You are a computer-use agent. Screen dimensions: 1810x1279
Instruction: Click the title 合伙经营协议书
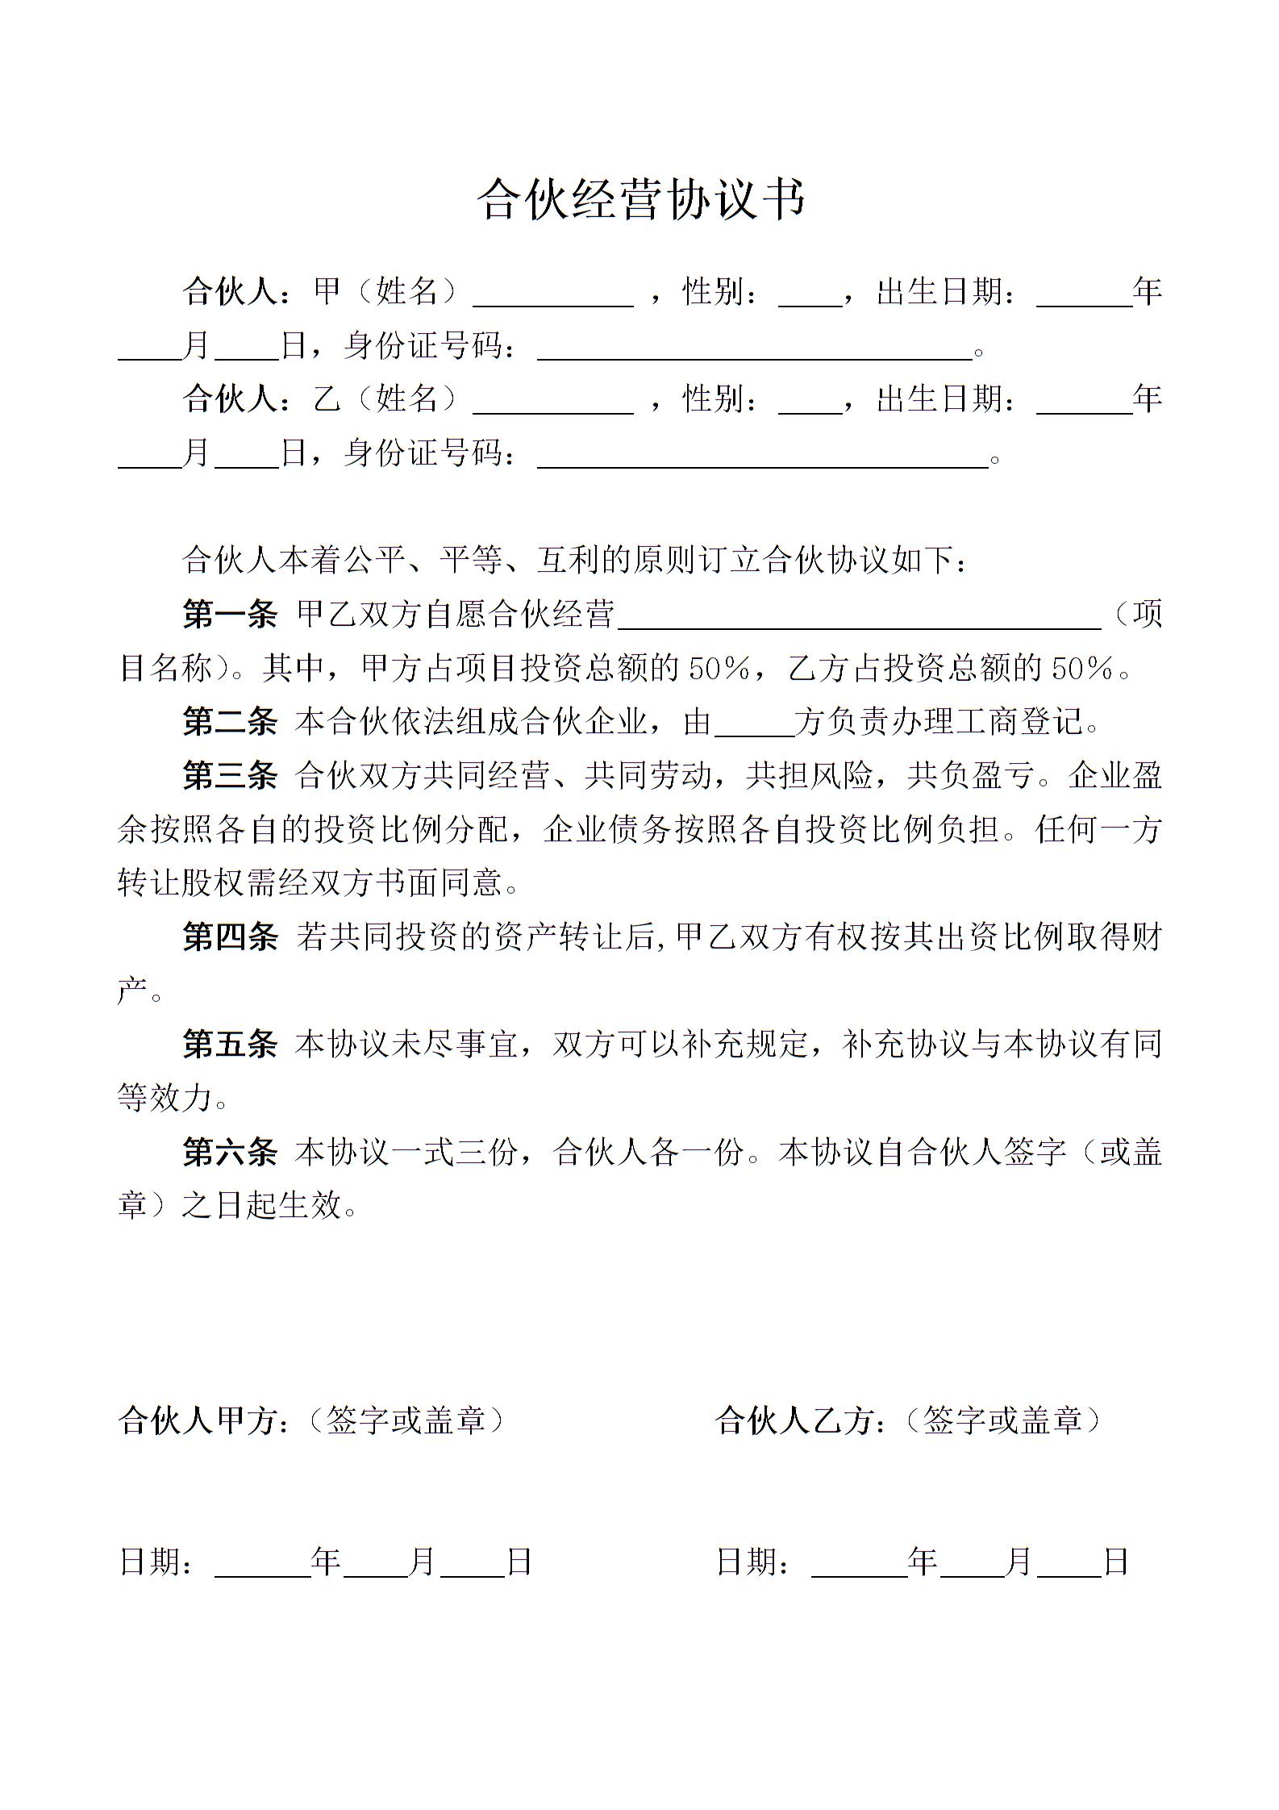[x=640, y=199]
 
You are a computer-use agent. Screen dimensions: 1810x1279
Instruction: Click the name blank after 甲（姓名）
[x=553, y=295]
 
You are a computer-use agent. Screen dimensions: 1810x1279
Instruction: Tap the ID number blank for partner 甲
[x=755, y=348]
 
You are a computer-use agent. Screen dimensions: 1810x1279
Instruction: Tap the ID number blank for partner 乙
[x=763, y=457]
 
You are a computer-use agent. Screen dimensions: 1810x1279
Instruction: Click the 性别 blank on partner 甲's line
[x=810, y=295]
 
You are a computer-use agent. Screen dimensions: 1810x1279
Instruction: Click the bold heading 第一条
[x=230, y=615]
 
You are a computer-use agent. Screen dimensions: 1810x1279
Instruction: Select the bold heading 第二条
[x=230, y=722]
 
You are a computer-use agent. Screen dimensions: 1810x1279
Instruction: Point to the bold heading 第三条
[x=230, y=776]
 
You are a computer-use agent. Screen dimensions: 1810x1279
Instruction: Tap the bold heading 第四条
[x=230, y=937]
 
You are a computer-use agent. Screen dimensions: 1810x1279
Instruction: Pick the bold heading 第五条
[x=230, y=1045]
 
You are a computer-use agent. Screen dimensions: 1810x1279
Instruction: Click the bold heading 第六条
[x=230, y=1152]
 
